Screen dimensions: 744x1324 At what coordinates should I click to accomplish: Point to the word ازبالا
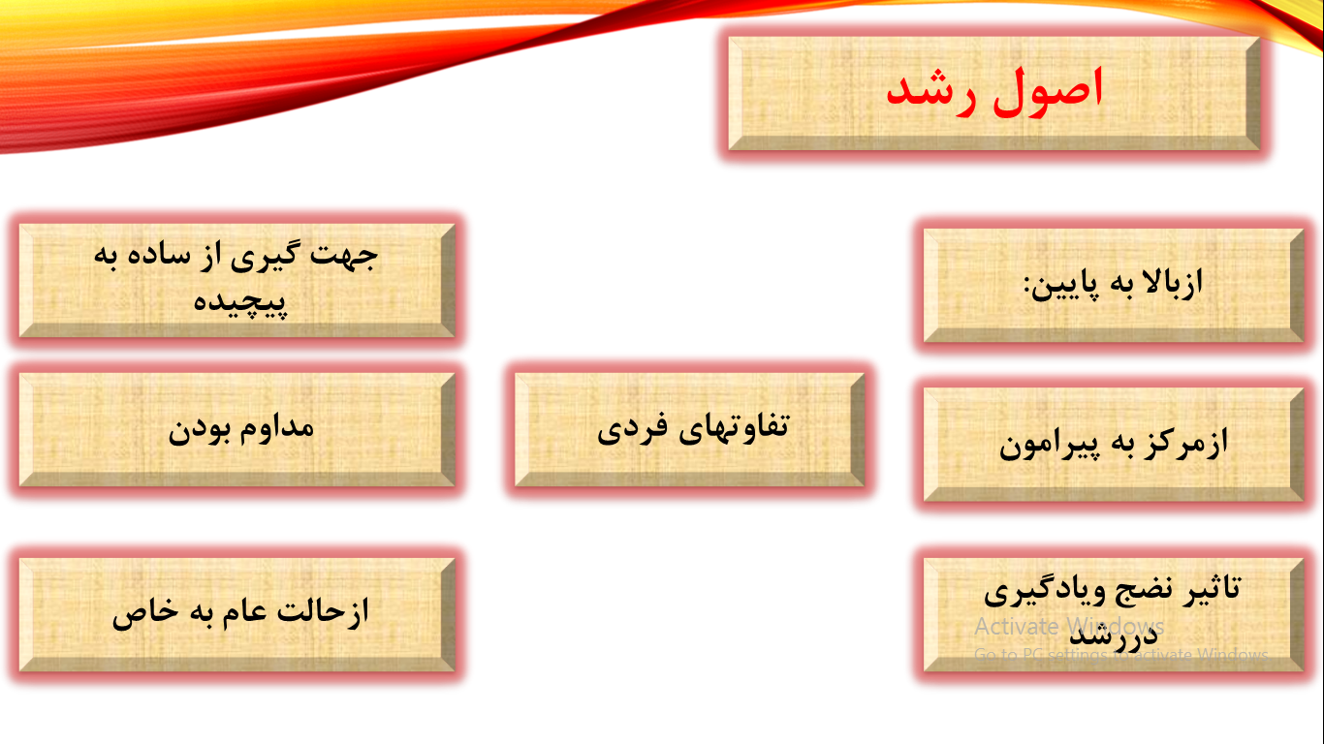point(1169,282)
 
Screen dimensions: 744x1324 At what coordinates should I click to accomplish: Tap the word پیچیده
point(239,301)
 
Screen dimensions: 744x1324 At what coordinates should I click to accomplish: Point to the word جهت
point(346,256)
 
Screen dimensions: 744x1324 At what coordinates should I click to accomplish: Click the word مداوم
point(275,426)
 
